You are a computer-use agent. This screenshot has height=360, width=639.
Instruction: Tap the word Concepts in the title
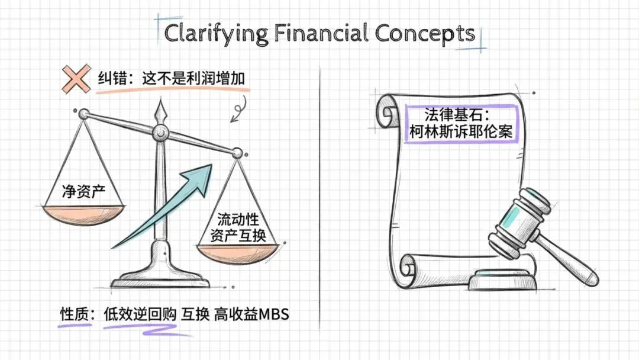point(425,34)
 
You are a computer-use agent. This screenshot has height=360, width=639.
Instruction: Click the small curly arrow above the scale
point(239,110)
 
